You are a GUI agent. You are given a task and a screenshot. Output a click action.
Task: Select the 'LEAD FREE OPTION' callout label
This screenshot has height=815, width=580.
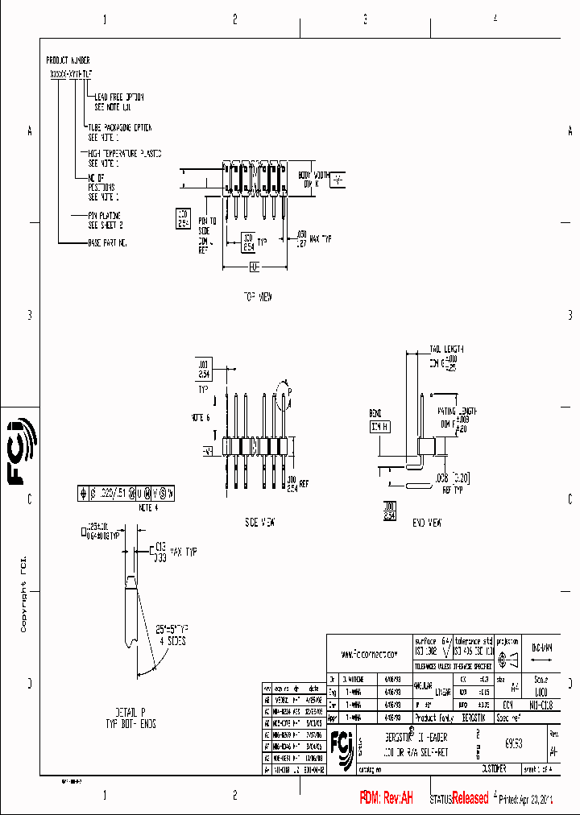coord(120,96)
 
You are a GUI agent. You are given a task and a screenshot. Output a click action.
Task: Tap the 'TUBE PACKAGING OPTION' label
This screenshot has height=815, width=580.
coord(118,127)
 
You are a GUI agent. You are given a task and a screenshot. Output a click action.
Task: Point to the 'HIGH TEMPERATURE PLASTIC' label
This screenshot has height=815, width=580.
coord(125,152)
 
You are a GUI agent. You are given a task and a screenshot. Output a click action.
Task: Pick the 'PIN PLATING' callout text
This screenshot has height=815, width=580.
coord(105,216)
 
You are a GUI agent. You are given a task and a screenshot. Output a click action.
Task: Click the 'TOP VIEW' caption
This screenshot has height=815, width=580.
coord(259,296)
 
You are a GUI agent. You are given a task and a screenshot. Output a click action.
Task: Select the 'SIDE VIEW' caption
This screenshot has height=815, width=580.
coord(260,523)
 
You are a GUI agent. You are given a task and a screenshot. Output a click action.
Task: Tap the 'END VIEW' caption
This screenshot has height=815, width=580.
coord(427,523)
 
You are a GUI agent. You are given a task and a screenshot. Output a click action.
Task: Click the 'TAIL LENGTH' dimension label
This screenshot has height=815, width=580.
coord(446,349)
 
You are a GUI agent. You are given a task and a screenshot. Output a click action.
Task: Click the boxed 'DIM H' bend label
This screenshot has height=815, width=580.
coord(379,427)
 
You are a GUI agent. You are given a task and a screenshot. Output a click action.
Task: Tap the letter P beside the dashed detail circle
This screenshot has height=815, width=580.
coord(289,391)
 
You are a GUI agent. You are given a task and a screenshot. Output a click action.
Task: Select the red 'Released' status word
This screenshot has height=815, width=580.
coord(470,798)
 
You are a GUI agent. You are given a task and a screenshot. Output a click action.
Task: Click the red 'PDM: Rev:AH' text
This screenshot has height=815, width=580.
coord(386,798)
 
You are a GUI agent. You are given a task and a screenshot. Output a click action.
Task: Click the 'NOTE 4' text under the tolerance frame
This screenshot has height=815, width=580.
coord(149,508)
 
